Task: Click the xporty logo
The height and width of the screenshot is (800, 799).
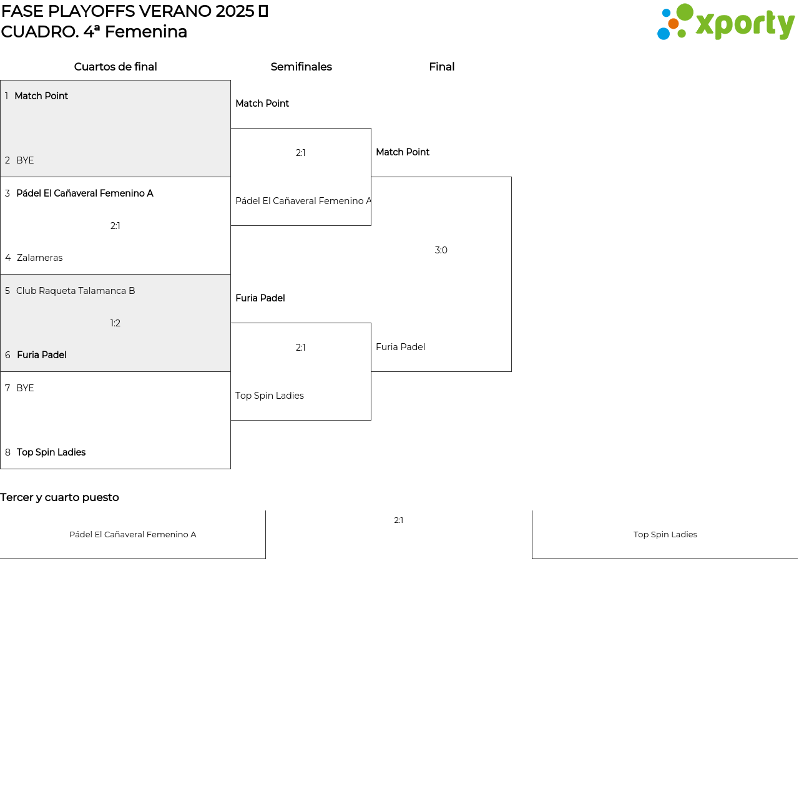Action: [726, 22]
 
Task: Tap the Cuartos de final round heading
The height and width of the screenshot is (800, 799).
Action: [115, 67]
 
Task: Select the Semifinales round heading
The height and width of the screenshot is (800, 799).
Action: [301, 67]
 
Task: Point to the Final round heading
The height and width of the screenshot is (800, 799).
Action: [442, 67]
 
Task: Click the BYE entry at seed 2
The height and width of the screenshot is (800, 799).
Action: [25, 160]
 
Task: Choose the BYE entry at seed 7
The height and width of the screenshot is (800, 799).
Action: [25, 388]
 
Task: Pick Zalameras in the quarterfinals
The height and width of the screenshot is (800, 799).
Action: [39, 258]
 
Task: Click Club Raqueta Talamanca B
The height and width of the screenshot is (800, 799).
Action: [76, 291]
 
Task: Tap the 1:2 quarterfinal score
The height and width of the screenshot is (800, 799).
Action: [115, 323]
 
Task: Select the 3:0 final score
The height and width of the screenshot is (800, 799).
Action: [441, 250]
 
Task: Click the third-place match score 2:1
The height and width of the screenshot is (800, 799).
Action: [399, 520]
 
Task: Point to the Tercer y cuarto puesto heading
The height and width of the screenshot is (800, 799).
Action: [59, 497]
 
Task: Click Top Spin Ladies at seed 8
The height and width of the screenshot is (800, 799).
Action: [51, 452]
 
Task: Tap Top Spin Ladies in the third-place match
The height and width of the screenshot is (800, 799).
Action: [665, 535]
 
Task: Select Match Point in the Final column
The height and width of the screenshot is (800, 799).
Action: [403, 152]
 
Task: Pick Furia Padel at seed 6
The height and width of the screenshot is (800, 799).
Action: [42, 355]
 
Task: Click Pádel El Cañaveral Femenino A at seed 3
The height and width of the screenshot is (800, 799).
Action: [85, 193]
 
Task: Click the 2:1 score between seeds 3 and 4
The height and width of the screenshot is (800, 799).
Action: [115, 226]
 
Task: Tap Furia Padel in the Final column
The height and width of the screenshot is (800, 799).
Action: [400, 347]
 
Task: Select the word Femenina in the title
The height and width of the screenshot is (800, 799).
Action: [146, 32]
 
